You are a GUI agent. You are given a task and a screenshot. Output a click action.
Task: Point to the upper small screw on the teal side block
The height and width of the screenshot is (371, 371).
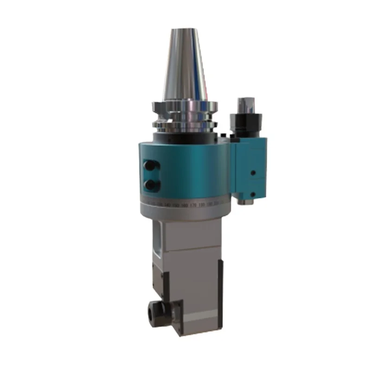[253, 172]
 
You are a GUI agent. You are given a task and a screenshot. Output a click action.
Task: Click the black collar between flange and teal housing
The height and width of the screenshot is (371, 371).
[185, 137]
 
